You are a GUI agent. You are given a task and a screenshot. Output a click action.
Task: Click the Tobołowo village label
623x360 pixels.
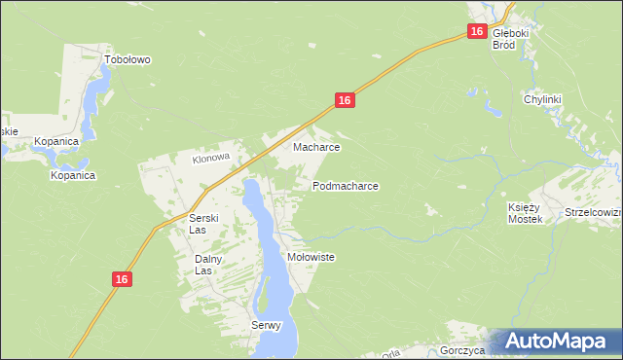click(x=128, y=59)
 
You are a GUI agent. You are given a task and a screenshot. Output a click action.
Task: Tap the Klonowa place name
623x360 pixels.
click(x=209, y=157)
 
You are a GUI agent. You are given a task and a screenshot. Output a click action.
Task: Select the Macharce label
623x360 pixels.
click(x=316, y=148)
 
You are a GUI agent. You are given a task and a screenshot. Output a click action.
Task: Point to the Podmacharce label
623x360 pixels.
click(x=346, y=185)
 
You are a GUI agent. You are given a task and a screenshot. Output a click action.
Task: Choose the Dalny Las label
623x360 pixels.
click(x=209, y=265)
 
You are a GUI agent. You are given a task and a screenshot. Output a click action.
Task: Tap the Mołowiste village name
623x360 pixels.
click(x=311, y=257)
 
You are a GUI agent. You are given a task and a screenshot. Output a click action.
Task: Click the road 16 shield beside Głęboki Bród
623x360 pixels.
click(x=475, y=32)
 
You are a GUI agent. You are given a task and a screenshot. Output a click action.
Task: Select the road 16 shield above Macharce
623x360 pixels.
click(x=344, y=100)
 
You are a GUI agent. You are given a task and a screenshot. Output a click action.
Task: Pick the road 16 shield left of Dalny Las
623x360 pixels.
click(x=120, y=279)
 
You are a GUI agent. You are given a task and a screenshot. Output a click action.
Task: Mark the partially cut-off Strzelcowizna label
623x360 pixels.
click(x=593, y=211)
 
